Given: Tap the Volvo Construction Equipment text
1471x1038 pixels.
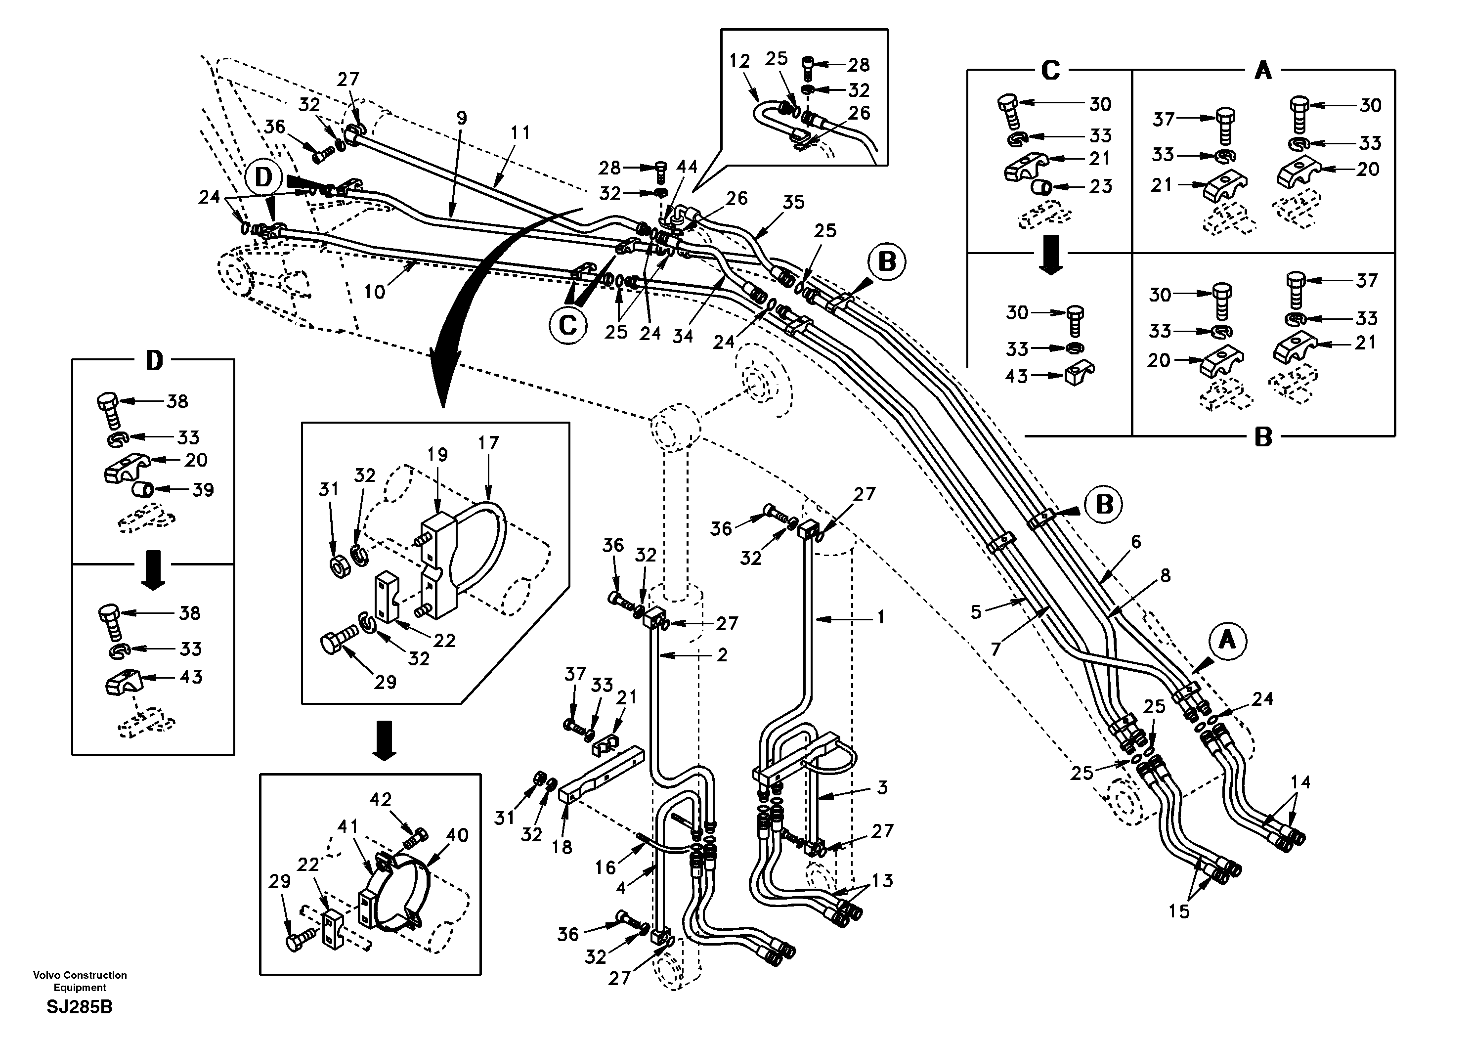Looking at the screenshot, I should pos(80,981).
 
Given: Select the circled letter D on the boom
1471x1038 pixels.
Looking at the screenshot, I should pos(264,177).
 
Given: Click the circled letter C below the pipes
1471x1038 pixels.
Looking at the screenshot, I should pos(567,326).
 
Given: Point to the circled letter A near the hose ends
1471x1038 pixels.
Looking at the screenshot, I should pos(1227,640).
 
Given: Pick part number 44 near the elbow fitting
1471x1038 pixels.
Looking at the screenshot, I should pos(688,167).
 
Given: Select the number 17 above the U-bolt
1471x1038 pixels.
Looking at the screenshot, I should pos(488,443).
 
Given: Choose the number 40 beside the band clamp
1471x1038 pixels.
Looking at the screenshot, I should pos(457,835).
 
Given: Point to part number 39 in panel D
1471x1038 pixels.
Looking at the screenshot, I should pos(203,490).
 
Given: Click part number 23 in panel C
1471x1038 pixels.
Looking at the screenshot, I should pos(1101,186).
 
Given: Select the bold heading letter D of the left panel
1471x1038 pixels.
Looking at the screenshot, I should pos(154,361).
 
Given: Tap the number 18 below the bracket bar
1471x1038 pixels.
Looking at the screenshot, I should pos(562,847).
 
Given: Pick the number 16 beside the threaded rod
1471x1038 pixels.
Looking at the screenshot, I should pos(605,867).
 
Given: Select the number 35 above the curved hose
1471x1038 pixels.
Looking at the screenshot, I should pos(793,203).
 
